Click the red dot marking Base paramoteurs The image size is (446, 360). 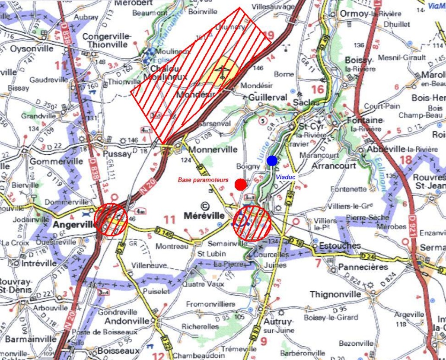pos(241,185)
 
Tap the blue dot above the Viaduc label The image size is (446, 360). pos(272,161)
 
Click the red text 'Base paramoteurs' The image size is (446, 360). pos(203,179)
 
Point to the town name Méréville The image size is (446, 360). pos(204,215)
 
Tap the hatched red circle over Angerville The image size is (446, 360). pos(111,219)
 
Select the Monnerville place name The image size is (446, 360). pos(213,150)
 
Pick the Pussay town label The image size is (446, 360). pos(118,154)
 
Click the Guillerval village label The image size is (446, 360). pos(268,98)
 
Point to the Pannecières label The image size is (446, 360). pos(363,267)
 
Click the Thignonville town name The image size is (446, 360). pos(335,294)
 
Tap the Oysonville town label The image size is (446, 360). pos(32,48)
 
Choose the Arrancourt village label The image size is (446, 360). pos(334,166)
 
